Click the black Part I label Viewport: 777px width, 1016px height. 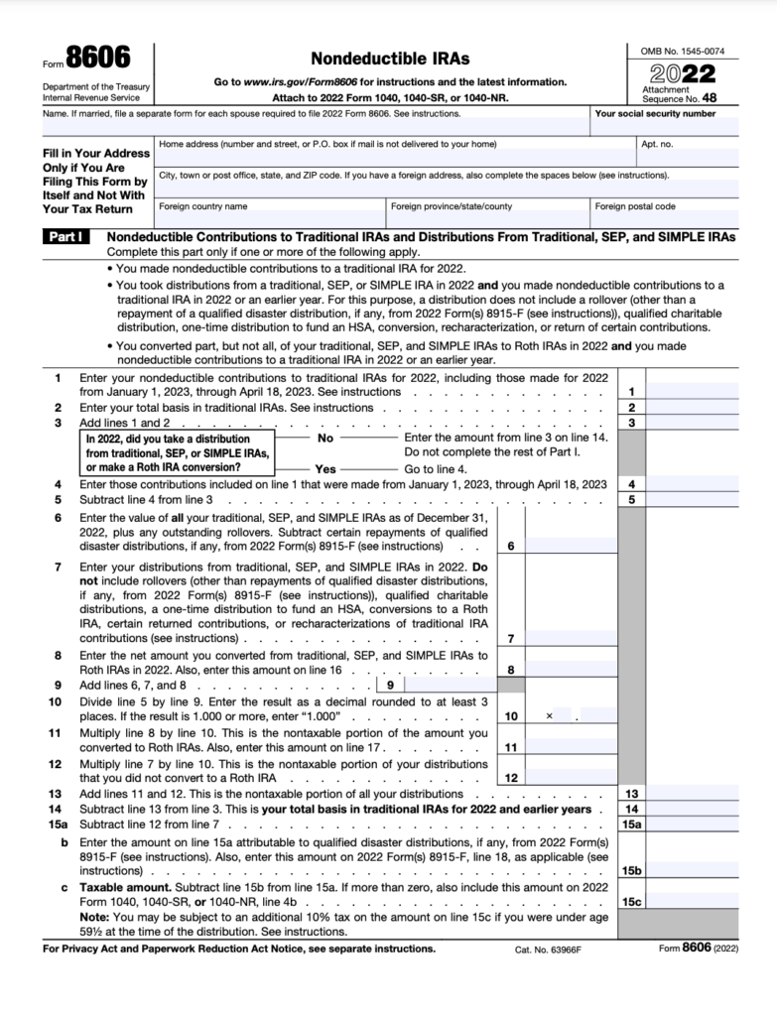coord(68,238)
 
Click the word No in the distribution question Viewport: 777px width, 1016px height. coord(325,438)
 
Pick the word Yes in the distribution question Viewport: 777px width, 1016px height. coord(325,467)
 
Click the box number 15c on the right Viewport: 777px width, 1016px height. coord(630,901)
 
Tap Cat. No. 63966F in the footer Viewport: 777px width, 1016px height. coord(547,950)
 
